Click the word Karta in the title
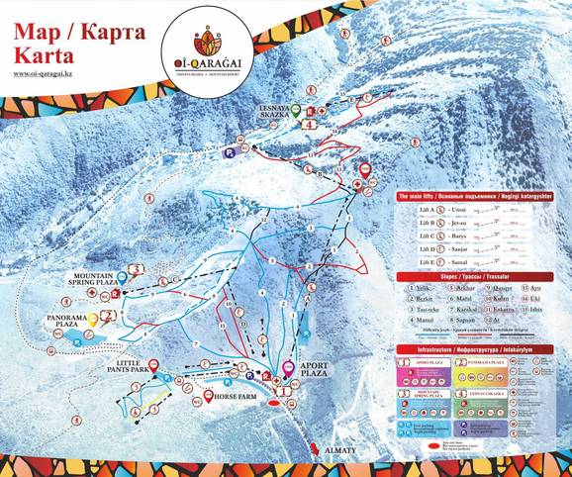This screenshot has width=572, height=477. pos(43,53)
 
